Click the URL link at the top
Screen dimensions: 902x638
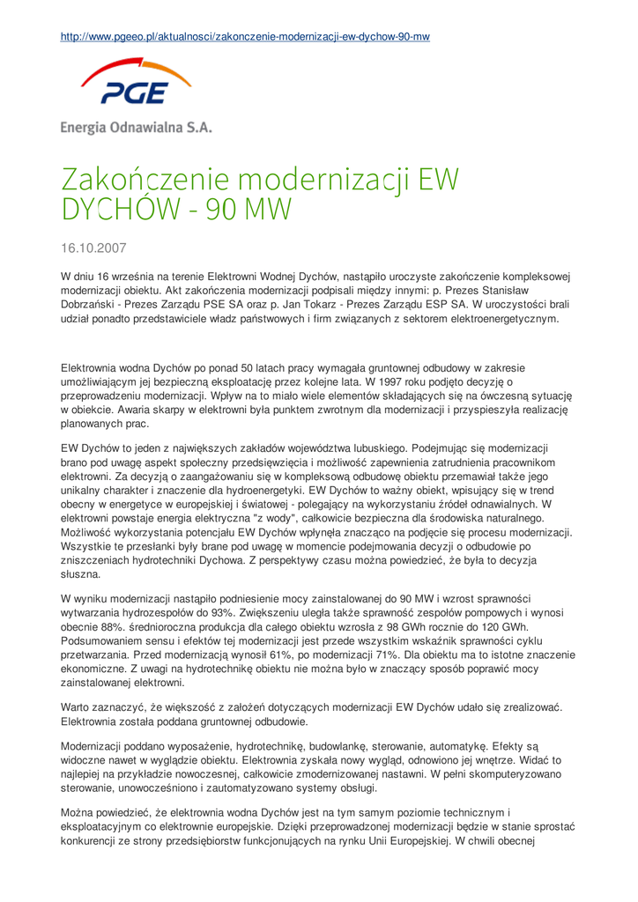point(244,37)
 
